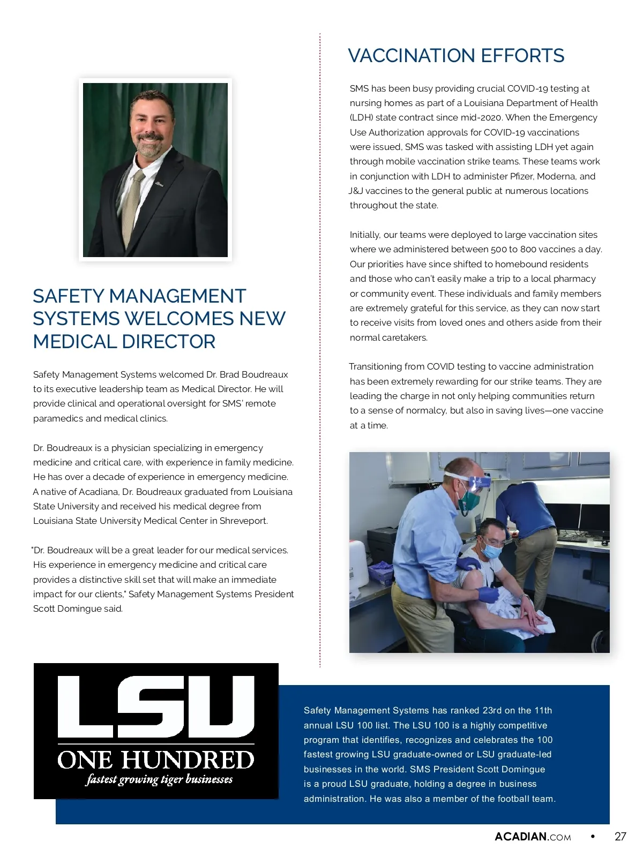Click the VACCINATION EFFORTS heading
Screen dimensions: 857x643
pos(456,56)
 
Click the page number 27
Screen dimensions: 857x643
pos(620,837)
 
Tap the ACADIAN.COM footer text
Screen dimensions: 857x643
pos(533,837)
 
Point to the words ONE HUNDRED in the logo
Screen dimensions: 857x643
pos(156,760)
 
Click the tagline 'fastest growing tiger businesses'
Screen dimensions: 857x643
pos(159,779)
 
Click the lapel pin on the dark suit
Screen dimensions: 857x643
pos(159,184)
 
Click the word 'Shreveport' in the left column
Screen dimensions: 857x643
pos(243,521)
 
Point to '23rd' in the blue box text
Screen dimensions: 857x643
pos(492,710)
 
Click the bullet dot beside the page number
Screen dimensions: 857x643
pos(593,836)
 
